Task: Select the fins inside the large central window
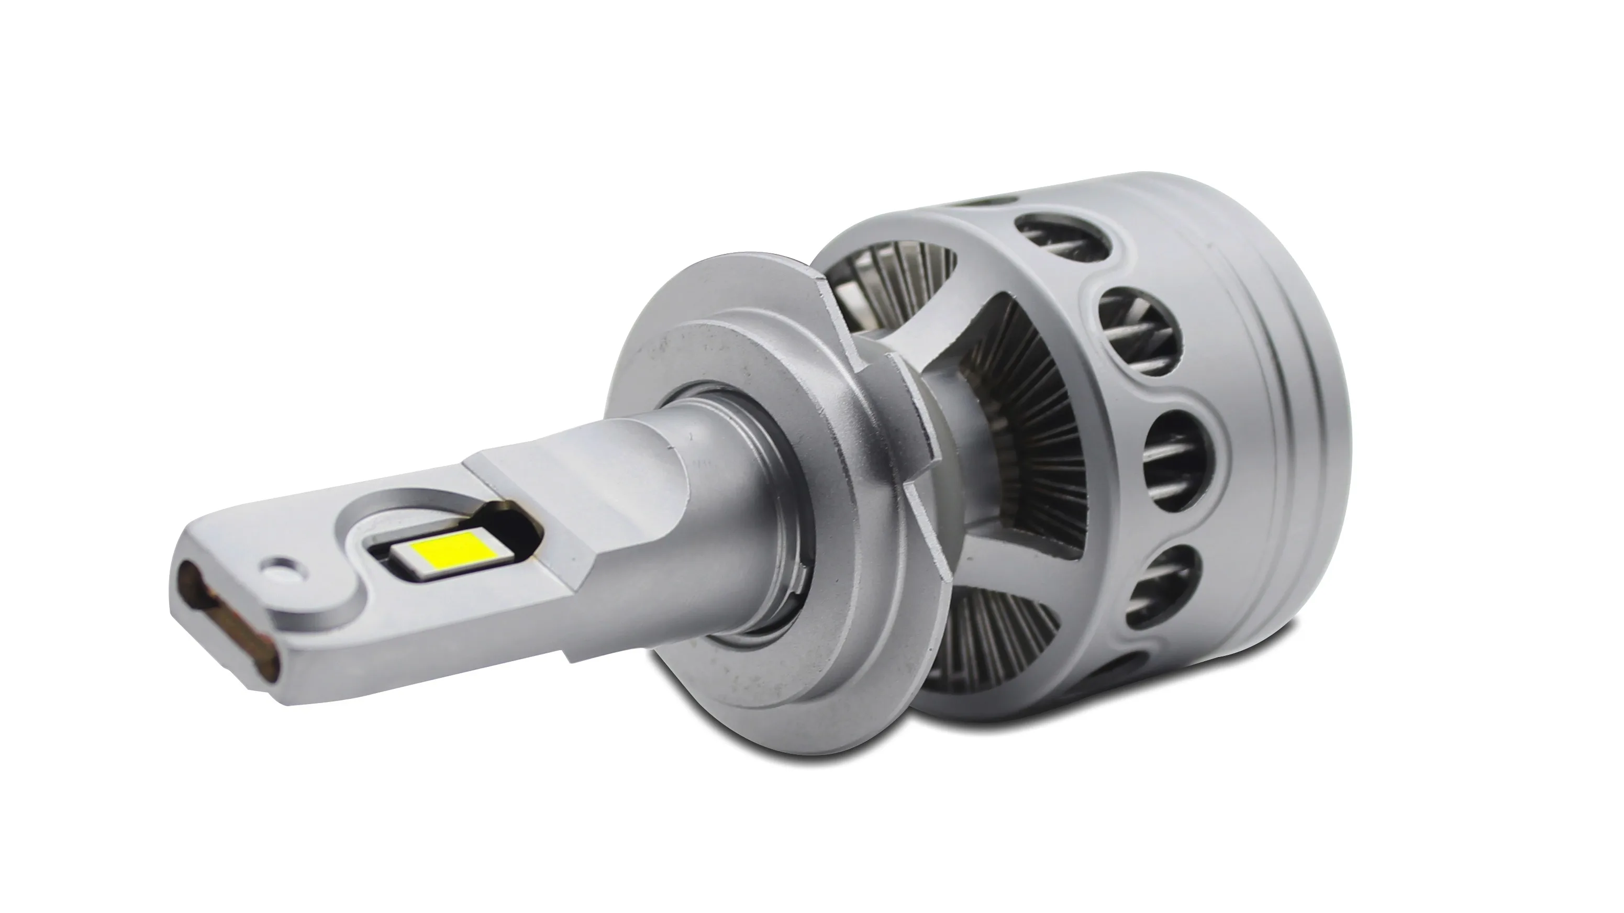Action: (x=1034, y=441)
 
